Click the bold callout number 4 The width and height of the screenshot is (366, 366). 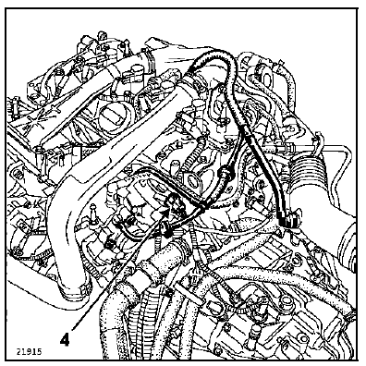point(65,340)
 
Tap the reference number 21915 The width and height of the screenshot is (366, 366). point(30,351)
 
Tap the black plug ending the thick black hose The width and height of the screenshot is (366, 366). point(289,220)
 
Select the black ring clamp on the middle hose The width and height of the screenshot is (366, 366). point(225,173)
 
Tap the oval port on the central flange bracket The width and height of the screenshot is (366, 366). point(194,181)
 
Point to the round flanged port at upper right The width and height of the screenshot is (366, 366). point(262,74)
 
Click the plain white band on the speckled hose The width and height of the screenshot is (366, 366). point(189,297)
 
